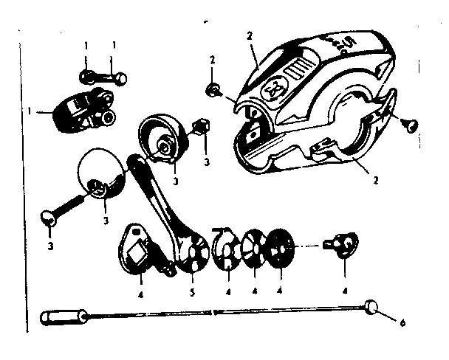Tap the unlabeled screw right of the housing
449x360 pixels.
[408, 122]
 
